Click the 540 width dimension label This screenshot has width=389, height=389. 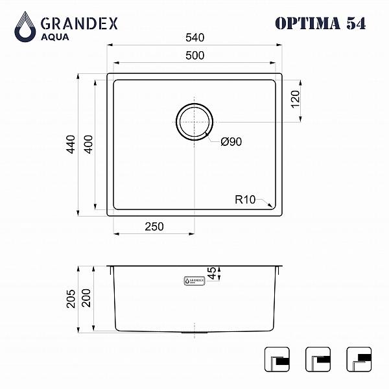pyautogui.click(x=195, y=38)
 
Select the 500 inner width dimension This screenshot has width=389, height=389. pyautogui.click(x=195, y=56)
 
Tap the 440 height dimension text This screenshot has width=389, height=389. pyautogui.click(x=71, y=145)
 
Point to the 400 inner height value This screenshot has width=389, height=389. pyautogui.click(x=88, y=145)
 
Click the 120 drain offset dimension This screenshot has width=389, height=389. pyautogui.click(x=295, y=99)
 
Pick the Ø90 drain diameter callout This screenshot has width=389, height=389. pyautogui.click(x=231, y=142)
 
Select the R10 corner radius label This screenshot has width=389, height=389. pyautogui.click(x=245, y=200)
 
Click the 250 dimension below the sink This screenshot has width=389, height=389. pyautogui.click(x=154, y=227)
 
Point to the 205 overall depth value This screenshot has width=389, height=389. pyautogui.click(x=71, y=299)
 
